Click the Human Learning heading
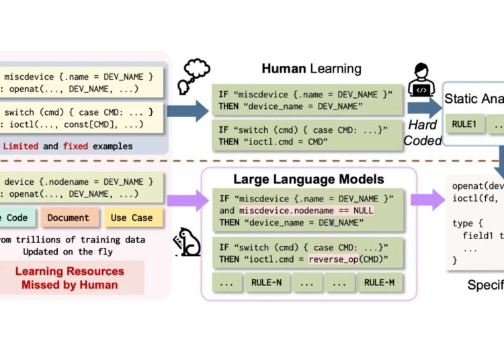(311, 69)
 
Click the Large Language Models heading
(308, 179)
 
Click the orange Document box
(68, 218)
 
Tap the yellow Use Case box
(132, 218)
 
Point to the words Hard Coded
(423, 133)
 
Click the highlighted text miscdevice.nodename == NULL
(306, 210)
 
